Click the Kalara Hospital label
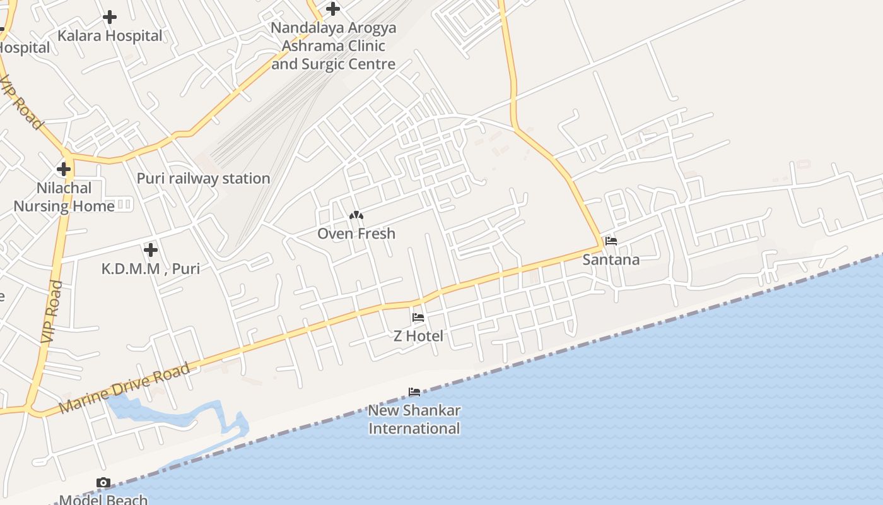[110, 36]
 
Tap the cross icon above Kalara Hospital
[110, 17]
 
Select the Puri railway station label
[203, 179]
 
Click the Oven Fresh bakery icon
[356, 216]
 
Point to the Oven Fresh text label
[356, 234]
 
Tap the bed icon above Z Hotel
[418, 318]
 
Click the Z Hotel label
[418, 336]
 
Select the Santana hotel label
[611, 259]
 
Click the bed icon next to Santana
[611, 241]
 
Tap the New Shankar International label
[414, 419]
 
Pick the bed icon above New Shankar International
[414, 392]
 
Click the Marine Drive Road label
[125, 388]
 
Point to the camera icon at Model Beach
[103, 483]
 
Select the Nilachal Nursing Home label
[64, 197]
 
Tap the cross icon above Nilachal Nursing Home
[64, 169]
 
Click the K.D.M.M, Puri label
[151, 268]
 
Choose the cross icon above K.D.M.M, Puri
[151, 250]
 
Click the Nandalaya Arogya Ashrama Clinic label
[333, 46]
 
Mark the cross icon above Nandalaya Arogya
[333, 9]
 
